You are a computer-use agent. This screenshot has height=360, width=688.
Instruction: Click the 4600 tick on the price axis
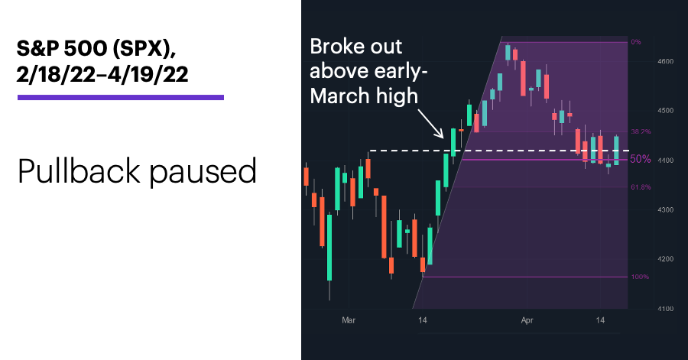point(666,61)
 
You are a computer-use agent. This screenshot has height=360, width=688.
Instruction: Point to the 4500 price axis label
point(666,111)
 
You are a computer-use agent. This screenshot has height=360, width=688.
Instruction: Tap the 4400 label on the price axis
point(666,161)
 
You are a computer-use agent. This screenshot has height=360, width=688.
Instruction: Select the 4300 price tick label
point(666,210)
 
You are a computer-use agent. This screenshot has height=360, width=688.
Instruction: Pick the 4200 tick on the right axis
point(666,259)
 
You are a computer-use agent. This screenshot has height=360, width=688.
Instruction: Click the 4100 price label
point(666,309)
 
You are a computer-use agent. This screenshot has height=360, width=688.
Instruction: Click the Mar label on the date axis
point(349,320)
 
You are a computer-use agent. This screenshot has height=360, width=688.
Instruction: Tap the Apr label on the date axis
point(527,320)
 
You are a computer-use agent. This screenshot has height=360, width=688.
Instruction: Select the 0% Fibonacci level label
point(636,42)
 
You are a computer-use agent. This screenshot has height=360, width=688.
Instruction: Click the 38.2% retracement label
point(641,131)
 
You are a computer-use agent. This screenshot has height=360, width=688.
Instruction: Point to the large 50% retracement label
point(641,159)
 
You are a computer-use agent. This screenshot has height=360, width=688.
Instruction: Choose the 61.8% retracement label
point(641,187)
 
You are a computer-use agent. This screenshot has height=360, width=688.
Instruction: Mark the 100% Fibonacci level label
point(640,277)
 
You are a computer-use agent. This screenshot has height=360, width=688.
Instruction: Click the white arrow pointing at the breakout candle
point(431,124)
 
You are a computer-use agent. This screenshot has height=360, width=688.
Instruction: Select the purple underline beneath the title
point(121,97)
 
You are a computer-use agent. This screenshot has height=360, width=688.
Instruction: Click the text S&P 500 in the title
point(62,48)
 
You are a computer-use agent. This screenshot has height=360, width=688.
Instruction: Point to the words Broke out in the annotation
point(355,47)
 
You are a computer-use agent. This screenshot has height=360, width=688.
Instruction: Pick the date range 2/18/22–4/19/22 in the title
point(102,74)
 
